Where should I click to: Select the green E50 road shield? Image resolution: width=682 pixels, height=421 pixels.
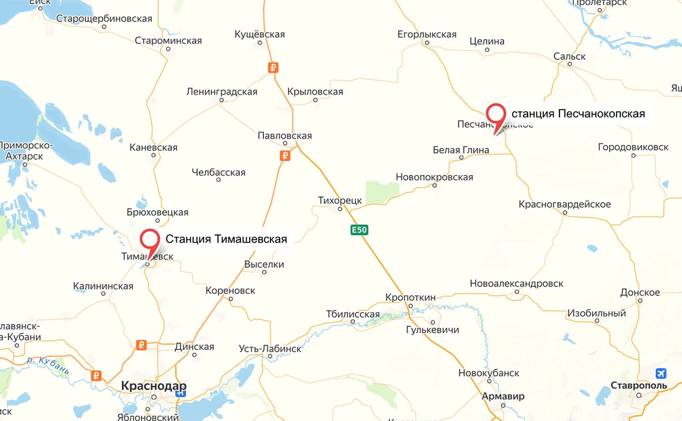click(x=359, y=230)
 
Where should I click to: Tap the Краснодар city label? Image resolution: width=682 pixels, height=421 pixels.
click(x=154, y=385)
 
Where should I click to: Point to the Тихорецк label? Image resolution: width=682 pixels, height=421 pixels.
click(x=340, y=200)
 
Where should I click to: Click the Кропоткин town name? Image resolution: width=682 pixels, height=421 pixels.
click(x=410, y=297)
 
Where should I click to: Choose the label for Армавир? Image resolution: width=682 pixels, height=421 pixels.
click(x=503, y=396)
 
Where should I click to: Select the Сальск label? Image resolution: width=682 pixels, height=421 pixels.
click(x=569, y=56)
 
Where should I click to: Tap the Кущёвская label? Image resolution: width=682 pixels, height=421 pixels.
click(x=260, y=35)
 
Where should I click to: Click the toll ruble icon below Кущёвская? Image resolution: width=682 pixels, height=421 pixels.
click(x=273, y=68)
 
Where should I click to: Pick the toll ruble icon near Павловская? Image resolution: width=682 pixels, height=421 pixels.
click(x=284, y=155)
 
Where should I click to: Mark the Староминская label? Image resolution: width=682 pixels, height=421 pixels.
click(x=168, y=40)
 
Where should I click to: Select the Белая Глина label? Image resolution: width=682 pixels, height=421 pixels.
click(x=461, y=150)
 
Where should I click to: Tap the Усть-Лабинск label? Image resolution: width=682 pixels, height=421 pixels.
click(x=270, y=349)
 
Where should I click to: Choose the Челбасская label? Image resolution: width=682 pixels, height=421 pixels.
click(x=218, y=172)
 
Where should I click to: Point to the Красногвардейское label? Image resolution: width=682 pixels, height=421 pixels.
click(x=565, y=204)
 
